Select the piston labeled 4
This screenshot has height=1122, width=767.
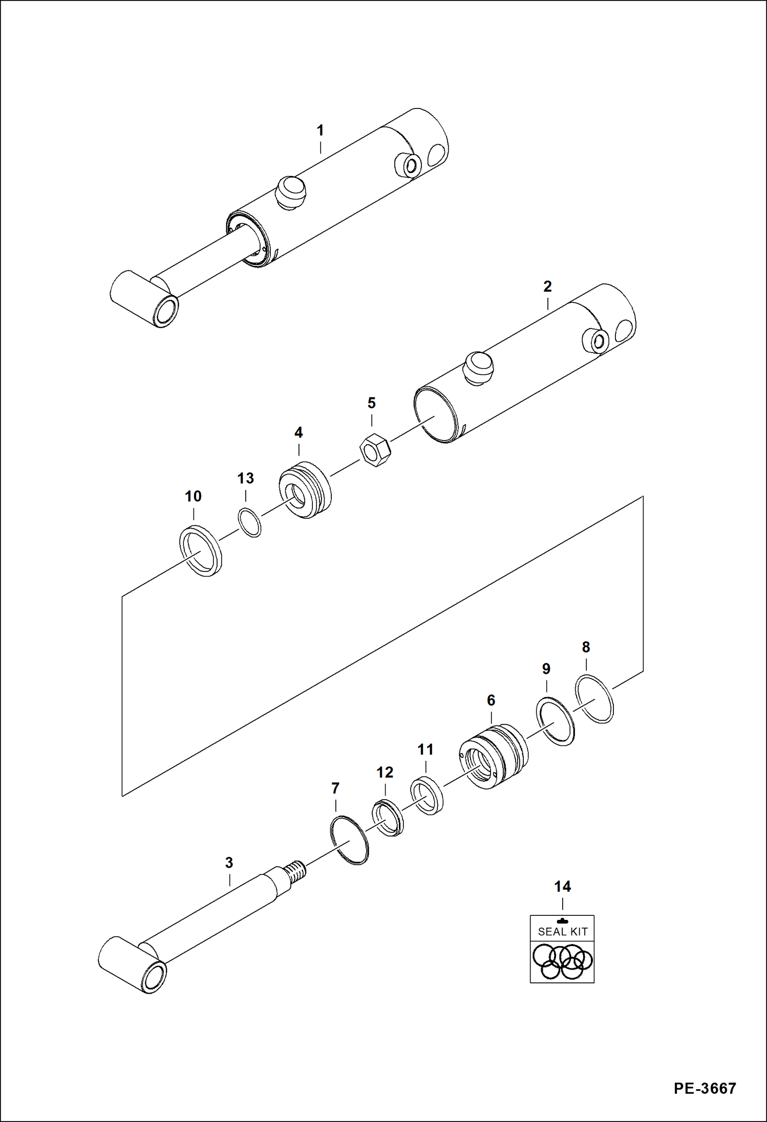305,490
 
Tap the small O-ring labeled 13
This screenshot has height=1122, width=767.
249,522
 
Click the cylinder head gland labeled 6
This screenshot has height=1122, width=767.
493,756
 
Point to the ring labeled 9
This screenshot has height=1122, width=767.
555,721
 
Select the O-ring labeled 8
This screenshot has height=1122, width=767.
594,699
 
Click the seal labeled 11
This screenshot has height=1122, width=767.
427,795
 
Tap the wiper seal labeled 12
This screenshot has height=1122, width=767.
388,817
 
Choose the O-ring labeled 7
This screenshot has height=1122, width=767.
349,840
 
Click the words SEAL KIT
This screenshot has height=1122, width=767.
562,932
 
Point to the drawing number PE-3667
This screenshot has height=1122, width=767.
705,1088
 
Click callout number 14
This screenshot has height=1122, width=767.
562,887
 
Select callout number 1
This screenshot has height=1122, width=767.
320,130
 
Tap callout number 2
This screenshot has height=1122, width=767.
547,287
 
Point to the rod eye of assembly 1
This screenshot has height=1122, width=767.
166,311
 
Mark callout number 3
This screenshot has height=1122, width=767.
229,863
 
